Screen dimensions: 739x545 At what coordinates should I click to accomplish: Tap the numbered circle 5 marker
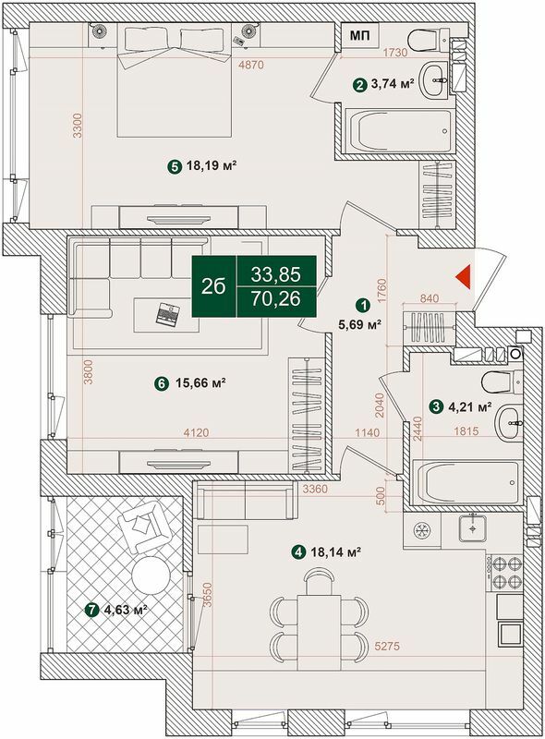pyautogui.click(x=174, y=167)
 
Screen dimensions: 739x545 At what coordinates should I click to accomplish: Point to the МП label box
pyautogui.click(x=360, y=36)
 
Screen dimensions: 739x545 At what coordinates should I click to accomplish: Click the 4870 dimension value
pyautogui.click(x=251, y=65)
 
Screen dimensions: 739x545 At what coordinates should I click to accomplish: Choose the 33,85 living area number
pyautogui.click(x=276, y=273)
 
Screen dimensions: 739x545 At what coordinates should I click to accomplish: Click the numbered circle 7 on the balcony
pyautogui.click(x=91, y=610)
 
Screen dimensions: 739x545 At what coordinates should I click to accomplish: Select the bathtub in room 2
pyautogui.click(x=398, y=133)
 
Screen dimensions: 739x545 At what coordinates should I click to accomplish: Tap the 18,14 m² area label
pyautogui.click(x=333, y=552)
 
